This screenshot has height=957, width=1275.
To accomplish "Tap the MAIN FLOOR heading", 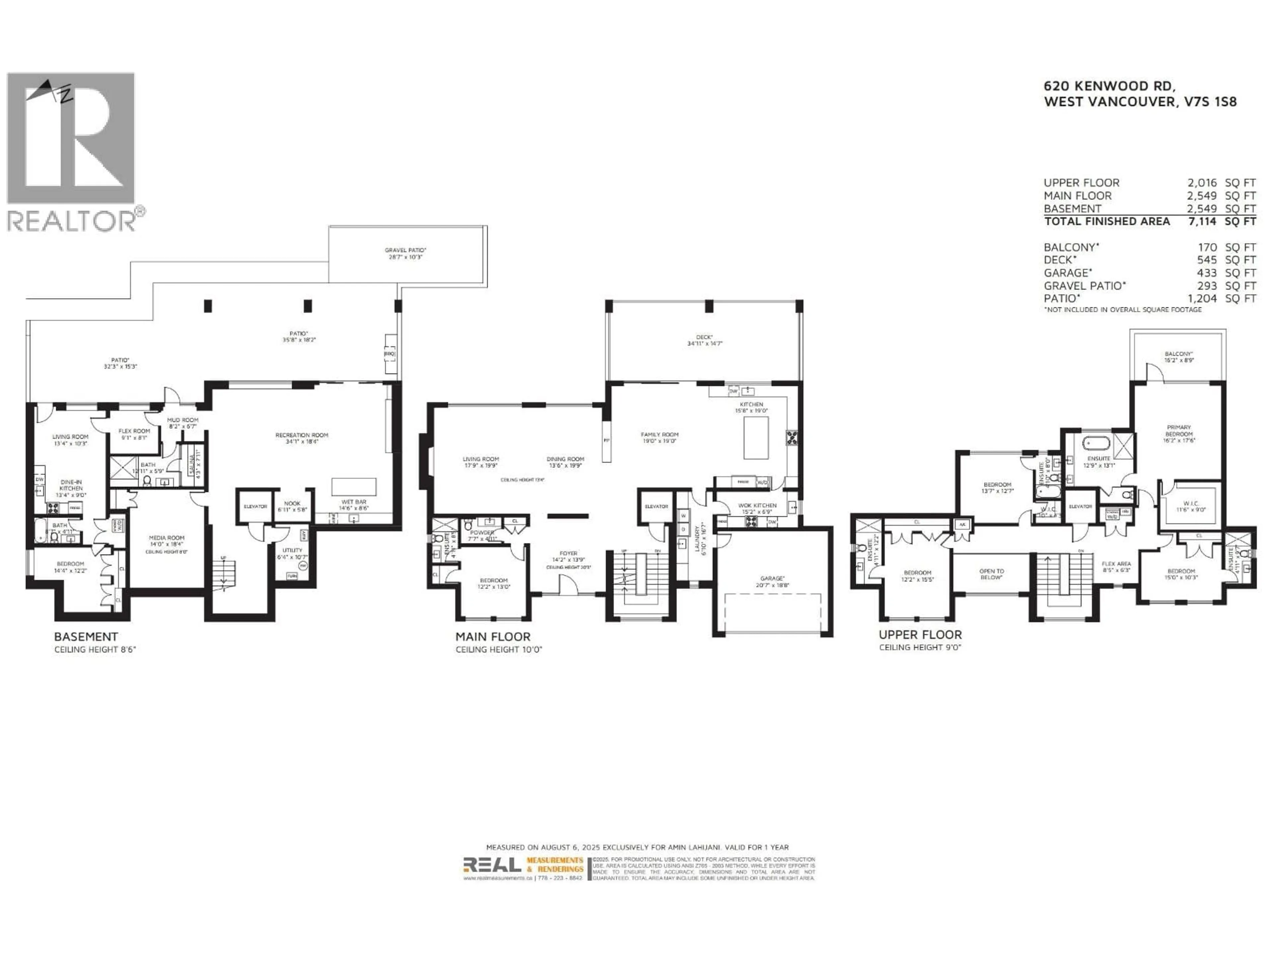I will (493, 637).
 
